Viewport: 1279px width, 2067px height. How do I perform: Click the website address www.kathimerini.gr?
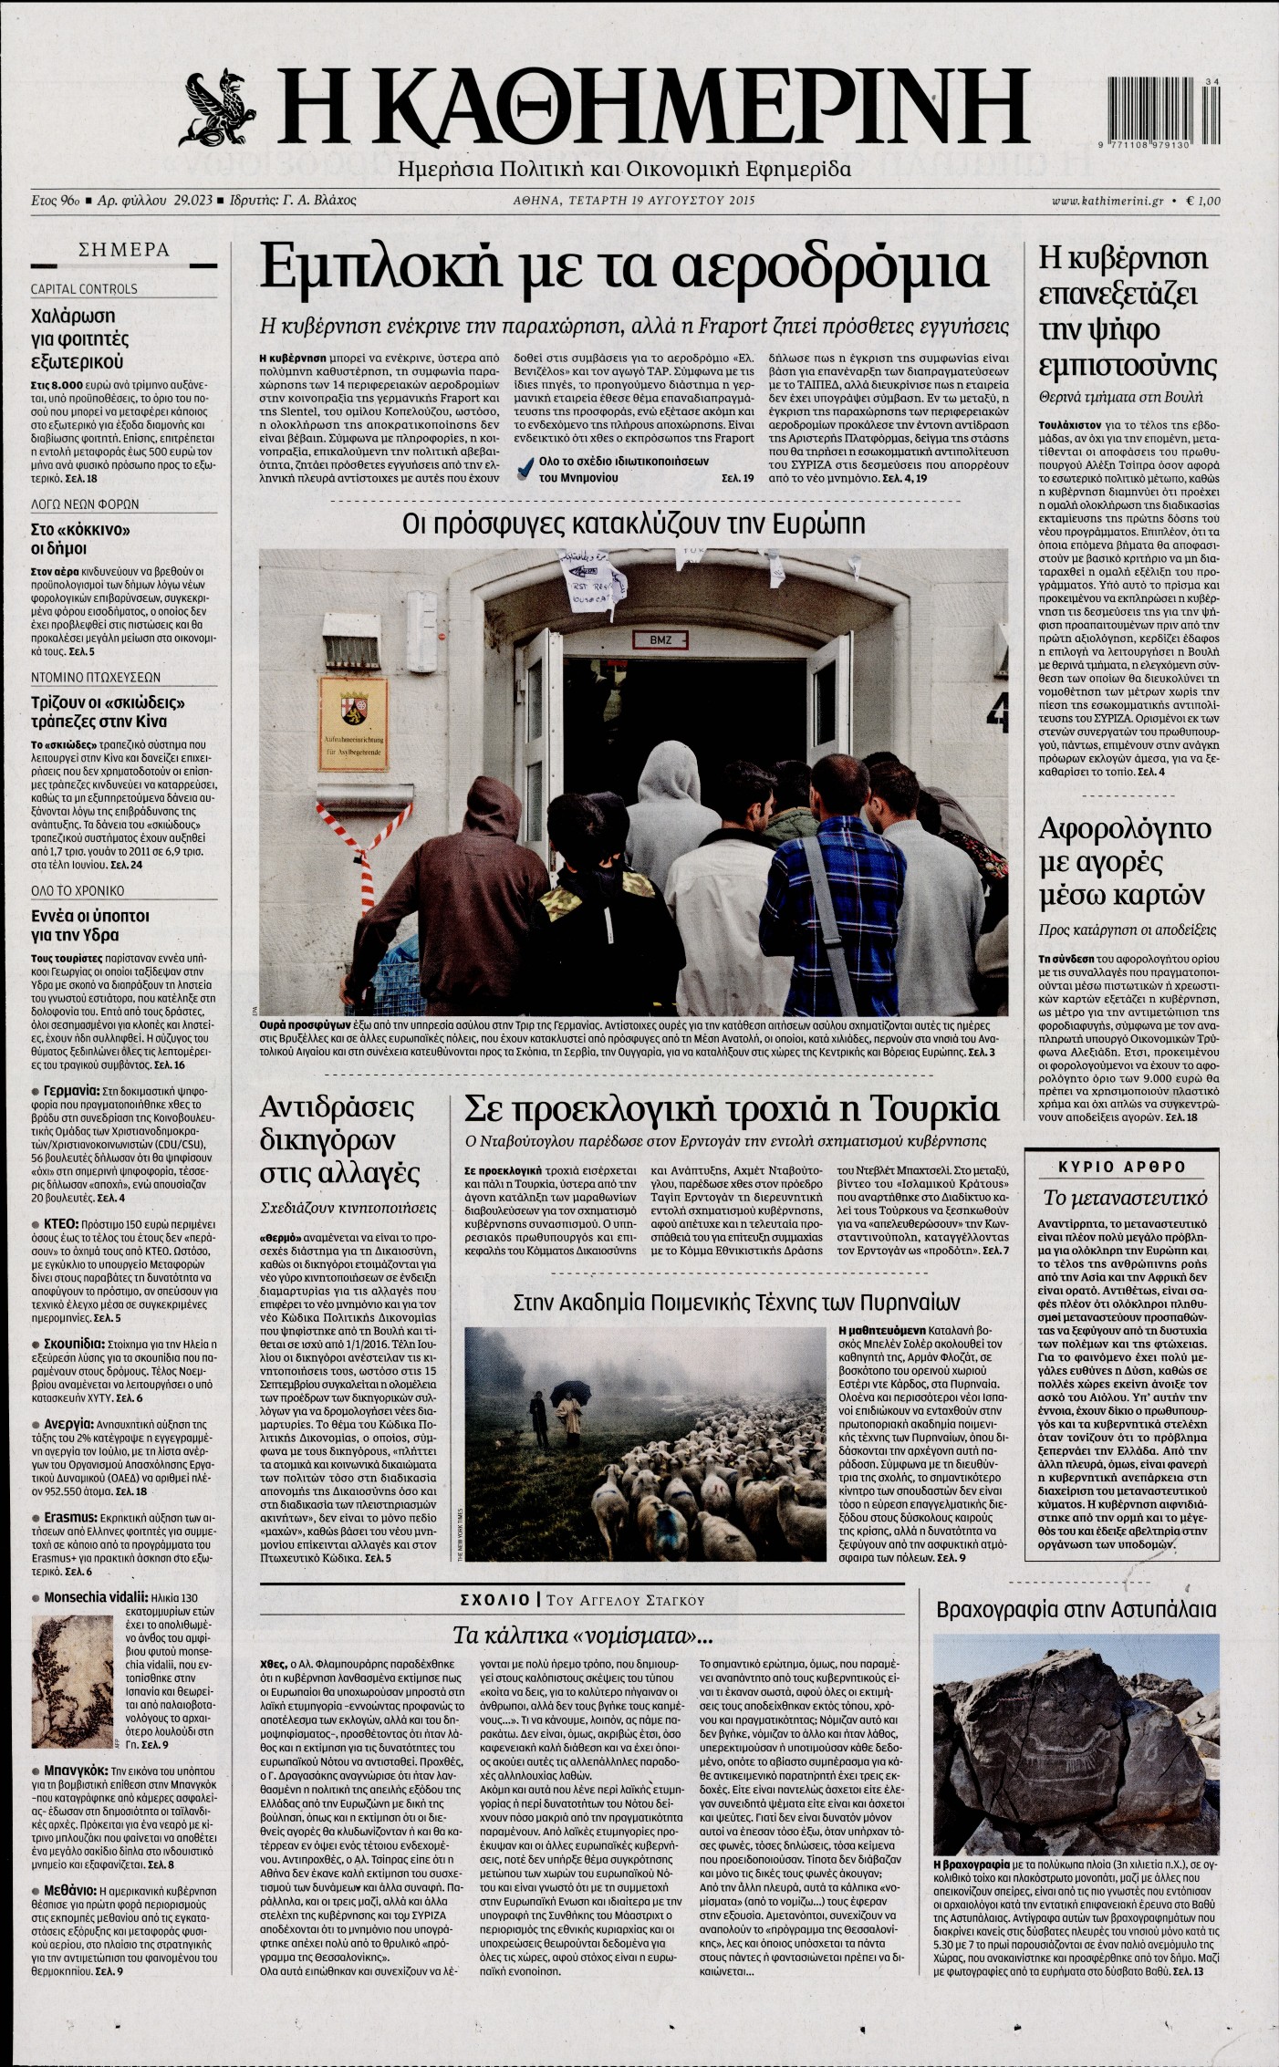tap(1107, 201)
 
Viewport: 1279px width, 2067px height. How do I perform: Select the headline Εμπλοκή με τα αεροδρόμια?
tap(623, 267)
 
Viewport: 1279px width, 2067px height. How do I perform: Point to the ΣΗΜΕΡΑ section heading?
tap(124, 250)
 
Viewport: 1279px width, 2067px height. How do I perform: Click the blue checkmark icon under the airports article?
tap(525, 469)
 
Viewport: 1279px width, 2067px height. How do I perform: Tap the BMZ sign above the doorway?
tap(660, 639)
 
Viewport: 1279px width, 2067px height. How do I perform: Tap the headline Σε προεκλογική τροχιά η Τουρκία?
tap(732, 1108)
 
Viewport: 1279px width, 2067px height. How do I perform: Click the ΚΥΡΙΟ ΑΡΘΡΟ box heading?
tap(1121, 1167)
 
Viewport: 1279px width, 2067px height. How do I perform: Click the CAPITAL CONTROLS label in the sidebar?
tap(84, 289)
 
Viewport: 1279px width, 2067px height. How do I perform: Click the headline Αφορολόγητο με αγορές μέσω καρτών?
tap(1124, 861)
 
